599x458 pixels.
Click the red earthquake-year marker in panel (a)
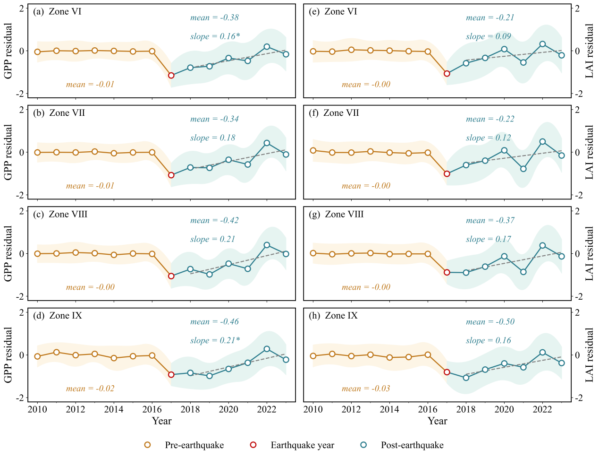pos(171,76)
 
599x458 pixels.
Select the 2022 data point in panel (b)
pos(267,143)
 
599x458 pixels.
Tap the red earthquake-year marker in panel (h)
pos(447,372)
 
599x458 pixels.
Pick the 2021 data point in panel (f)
pos(523,169)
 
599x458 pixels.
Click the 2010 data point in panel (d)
pos(37,356)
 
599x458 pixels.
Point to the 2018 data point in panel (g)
pos(466,272)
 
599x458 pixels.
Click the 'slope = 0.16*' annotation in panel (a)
pos(215,36)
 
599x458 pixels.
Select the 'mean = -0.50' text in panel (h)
pos(490,321)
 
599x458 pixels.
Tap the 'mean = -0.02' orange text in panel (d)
pos(90,389)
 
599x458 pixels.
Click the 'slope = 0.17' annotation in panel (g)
pos(488,239)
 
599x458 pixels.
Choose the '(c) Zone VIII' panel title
pos(60,214)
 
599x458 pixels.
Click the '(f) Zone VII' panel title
pos(334,112)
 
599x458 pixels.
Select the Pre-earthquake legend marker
pos(147,445)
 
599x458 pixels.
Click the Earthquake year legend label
pos(303,445)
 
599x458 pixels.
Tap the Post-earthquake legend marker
pos(363,445)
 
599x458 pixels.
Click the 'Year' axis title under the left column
pos(161,421)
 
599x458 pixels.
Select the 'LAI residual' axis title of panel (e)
pos(590,51)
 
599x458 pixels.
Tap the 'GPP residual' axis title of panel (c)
pos(8,254)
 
